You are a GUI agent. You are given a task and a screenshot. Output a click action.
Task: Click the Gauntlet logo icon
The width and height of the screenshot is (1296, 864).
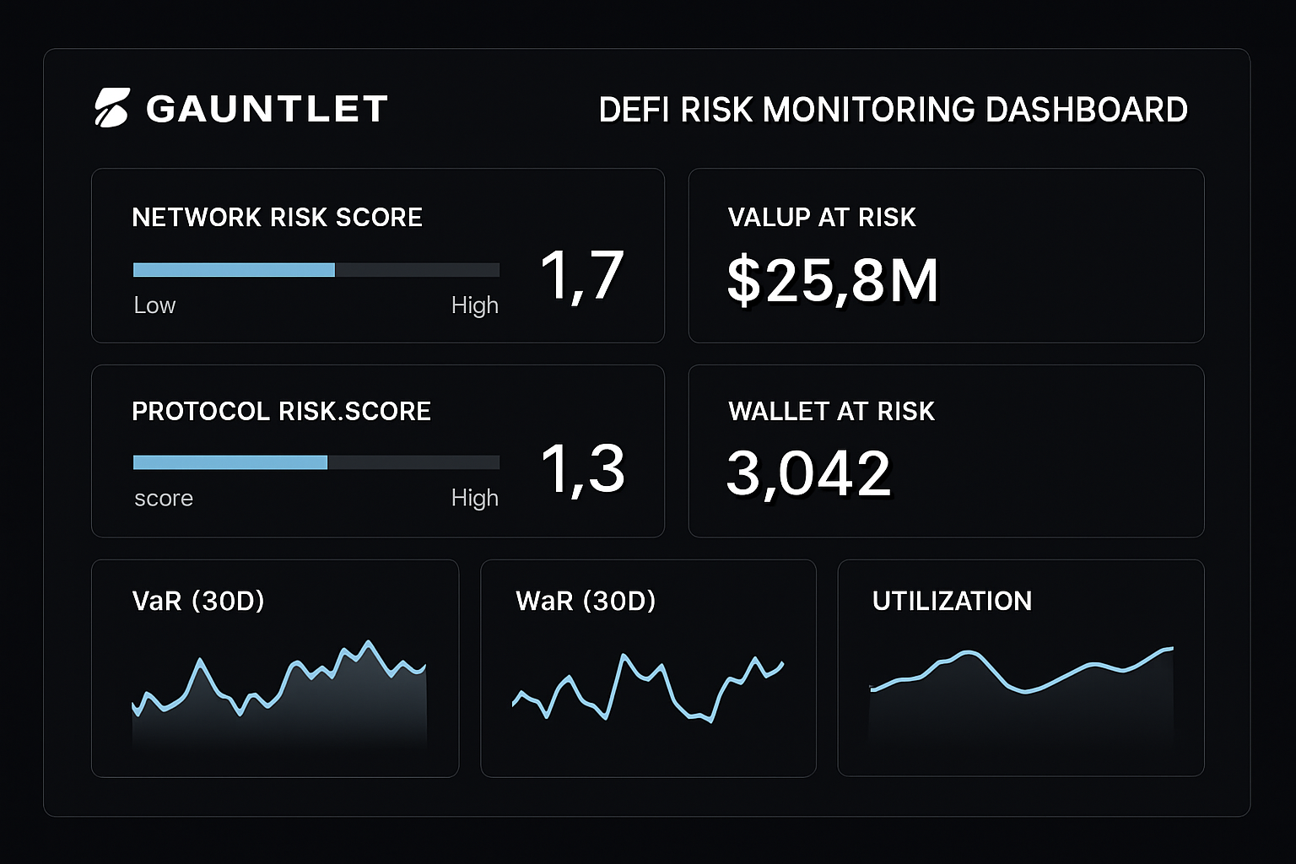(111, 108)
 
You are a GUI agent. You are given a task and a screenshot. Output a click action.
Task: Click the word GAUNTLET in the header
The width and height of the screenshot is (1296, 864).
(267, 109)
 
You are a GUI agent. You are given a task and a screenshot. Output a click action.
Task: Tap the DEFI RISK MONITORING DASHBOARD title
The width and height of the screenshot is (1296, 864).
(893, 110)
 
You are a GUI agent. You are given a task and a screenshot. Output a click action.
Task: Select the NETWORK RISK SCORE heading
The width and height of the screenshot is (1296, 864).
(277, 218)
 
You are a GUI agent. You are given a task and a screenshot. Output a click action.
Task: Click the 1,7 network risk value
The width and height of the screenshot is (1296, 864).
(581, 275)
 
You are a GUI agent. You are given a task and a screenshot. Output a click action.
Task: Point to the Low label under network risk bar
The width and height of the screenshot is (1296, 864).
(154, 305)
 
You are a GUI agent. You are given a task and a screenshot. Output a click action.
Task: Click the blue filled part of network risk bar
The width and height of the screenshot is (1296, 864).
(234, 270)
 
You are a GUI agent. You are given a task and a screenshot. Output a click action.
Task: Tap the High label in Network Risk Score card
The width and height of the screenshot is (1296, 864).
(474, 305)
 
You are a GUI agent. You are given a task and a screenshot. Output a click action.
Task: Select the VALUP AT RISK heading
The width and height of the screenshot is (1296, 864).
(821, 218)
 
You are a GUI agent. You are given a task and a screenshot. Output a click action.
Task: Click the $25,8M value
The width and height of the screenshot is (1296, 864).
(832, 280)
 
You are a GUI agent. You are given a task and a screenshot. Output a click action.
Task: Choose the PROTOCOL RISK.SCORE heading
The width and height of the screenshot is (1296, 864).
(281, 412)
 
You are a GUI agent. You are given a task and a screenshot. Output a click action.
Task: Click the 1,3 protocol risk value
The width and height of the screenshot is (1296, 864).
(582, 469)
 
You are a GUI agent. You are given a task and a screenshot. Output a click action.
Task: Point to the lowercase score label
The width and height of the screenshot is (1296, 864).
(164, 499)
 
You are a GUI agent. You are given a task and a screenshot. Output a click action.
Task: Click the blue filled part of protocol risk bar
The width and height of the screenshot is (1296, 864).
(229, 462)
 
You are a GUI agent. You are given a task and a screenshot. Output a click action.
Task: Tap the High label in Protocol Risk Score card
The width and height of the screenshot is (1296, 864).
(474, 499)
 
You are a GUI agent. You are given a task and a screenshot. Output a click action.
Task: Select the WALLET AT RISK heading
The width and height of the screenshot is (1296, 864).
(831, 412)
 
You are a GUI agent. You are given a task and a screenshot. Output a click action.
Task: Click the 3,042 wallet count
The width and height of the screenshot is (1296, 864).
(808, 473)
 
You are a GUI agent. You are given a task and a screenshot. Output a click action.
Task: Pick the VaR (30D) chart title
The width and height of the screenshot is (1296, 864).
(198, 601)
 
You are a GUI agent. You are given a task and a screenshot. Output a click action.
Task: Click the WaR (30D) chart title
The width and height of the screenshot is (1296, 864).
(586, 601)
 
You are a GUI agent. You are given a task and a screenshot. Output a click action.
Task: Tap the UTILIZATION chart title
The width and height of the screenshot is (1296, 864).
(952, 601)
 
